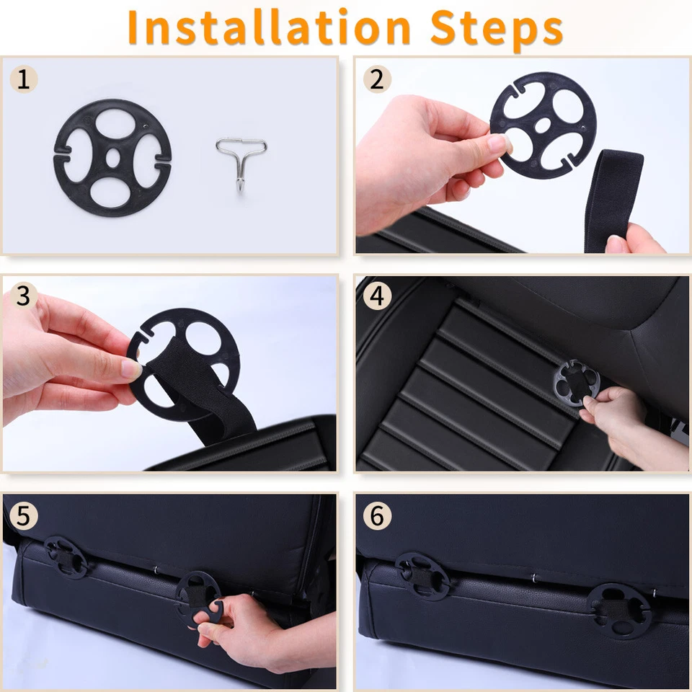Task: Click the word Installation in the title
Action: (269, 27)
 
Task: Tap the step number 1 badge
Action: (24, 79)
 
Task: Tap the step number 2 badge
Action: (377, 79)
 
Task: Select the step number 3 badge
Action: (24, 296)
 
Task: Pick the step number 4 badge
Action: (377, 296)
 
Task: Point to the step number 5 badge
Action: (24, 515)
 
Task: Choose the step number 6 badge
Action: (377, 515)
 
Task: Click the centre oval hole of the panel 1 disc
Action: (113, 158)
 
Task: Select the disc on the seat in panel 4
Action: (577, 383)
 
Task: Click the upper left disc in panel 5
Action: (66, 557)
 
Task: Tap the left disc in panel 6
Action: (422, 577)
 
